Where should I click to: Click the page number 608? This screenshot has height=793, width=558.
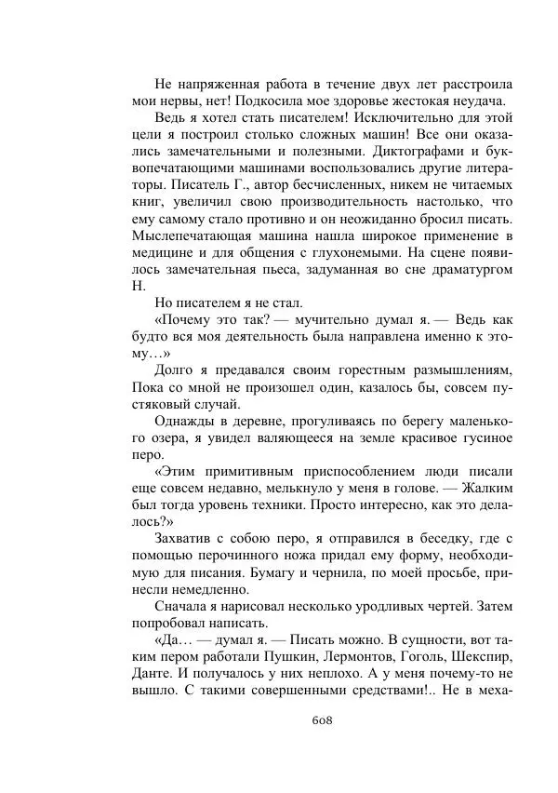pyautogui.click(x=319, y=719)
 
